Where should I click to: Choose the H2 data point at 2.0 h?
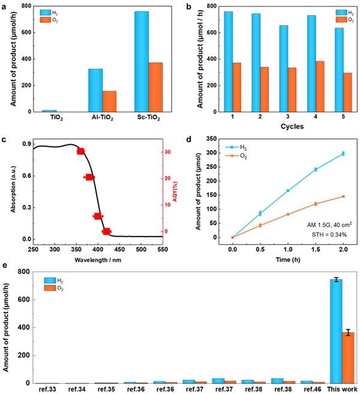(343, 154)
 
